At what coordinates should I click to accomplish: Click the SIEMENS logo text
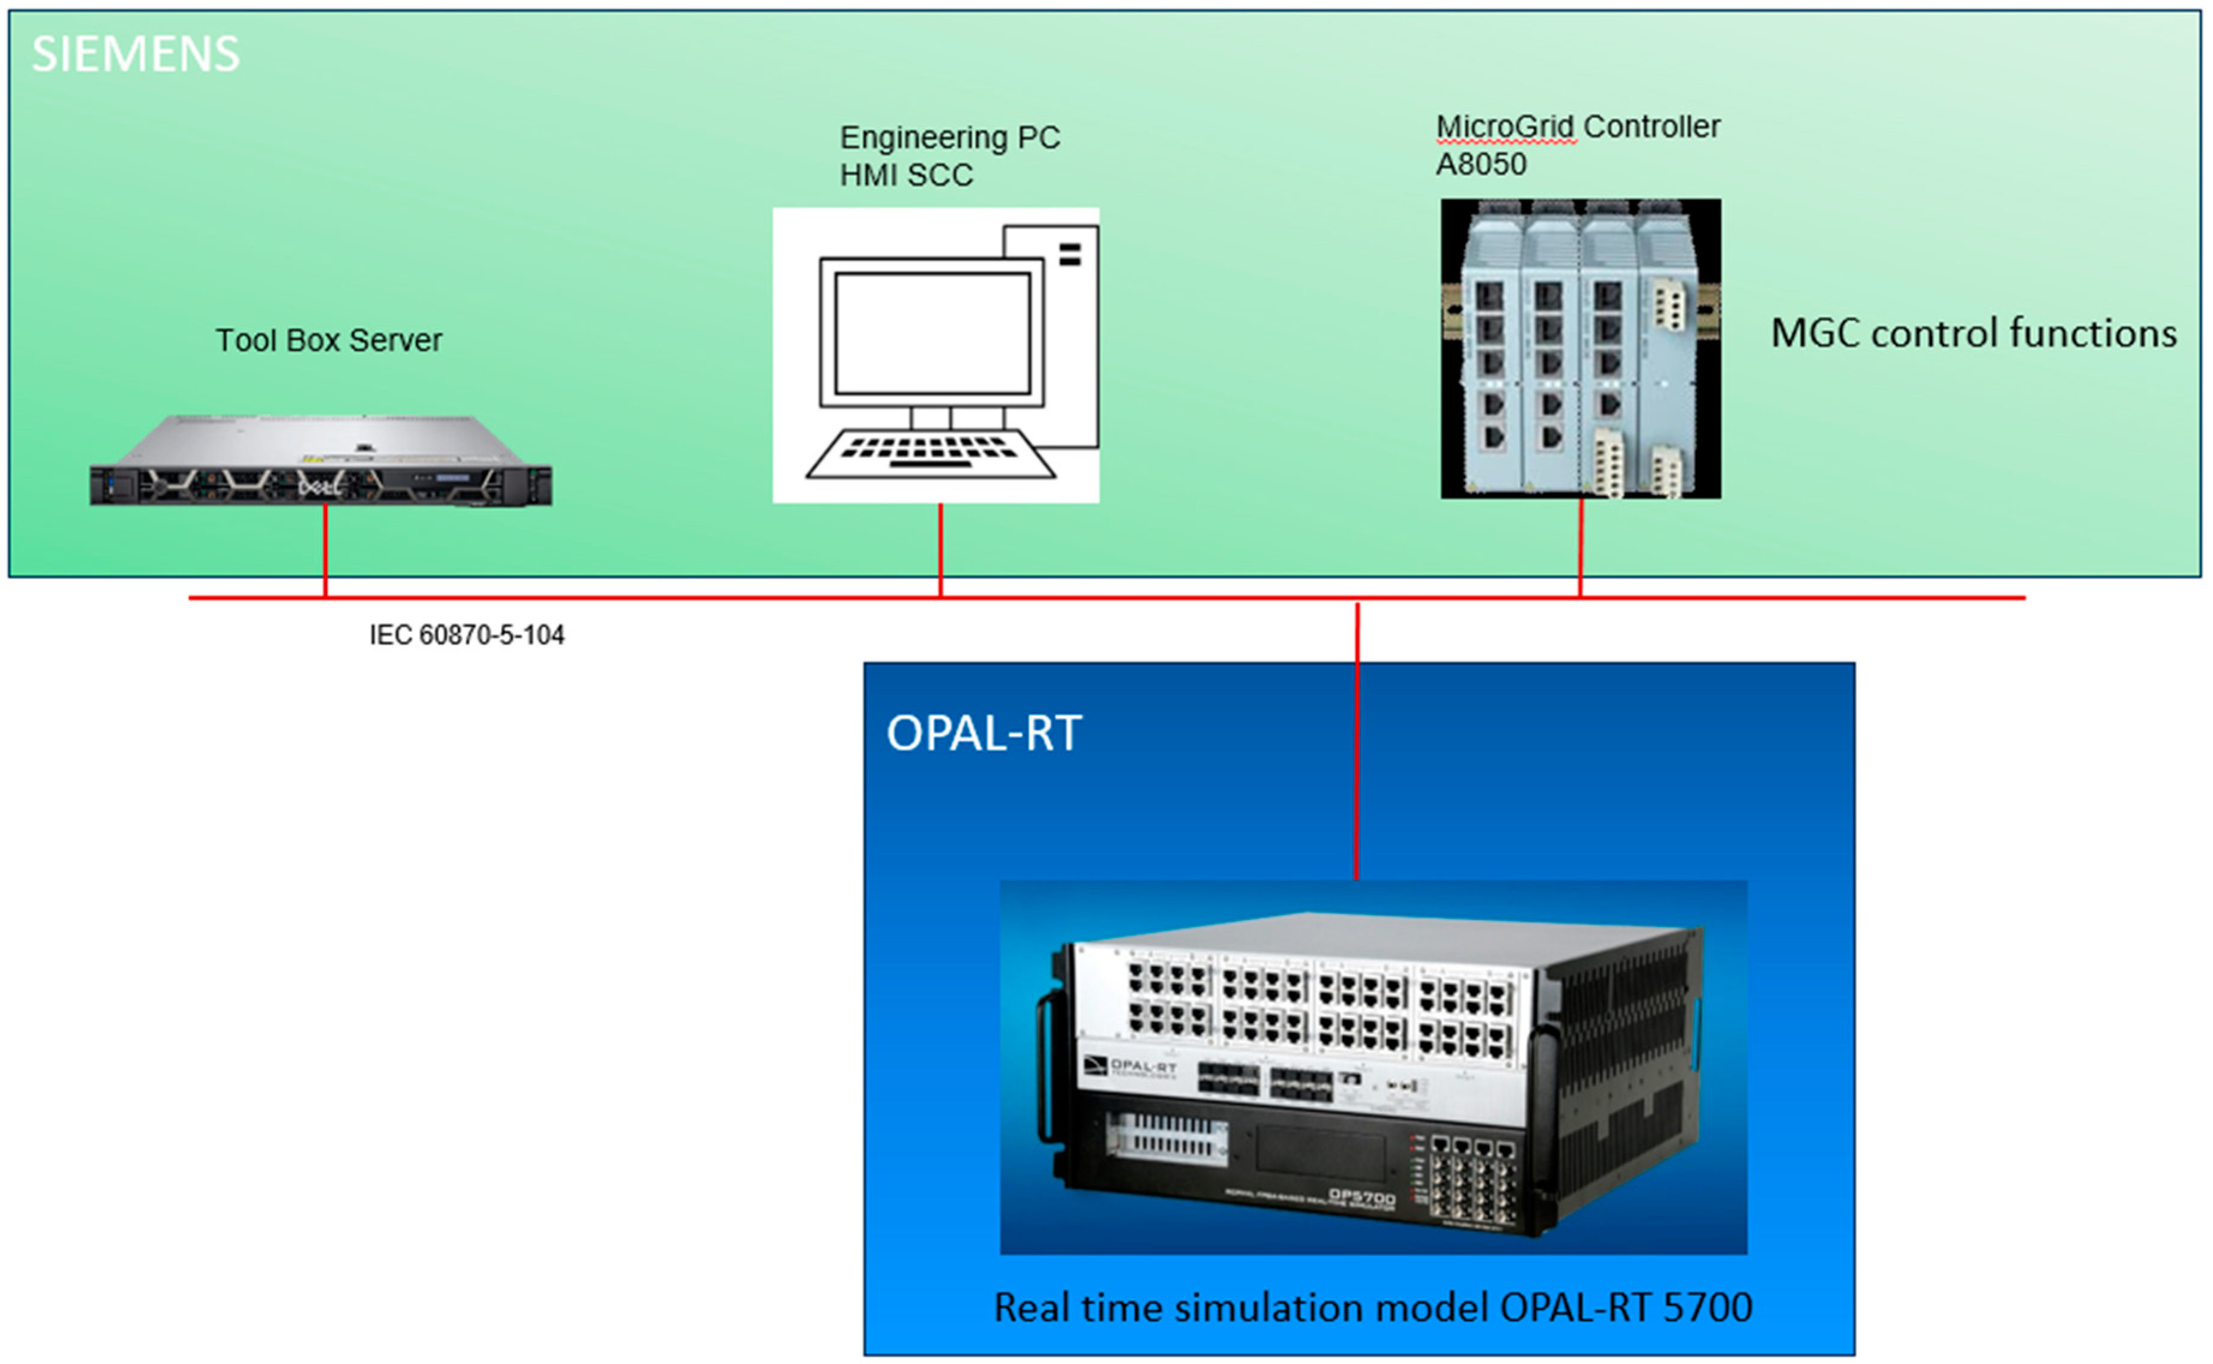click(135, 54)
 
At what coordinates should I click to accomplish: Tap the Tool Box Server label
click(328, 340)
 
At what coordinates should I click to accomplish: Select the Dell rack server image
click(320, 462)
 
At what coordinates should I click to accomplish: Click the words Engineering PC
click(950, 137)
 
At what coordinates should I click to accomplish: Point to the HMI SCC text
click(906, 175)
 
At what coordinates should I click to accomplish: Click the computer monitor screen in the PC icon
click(931, 333)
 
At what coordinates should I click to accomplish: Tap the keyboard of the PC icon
click(931, 451)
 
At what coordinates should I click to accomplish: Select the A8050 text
click(1481, 164)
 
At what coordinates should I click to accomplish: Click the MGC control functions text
click(1973, 333)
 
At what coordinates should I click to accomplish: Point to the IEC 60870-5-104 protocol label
click(466, 635)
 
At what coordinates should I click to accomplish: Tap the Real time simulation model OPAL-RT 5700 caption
click(1372, 1307)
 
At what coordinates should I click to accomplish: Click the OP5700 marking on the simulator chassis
click(1361, 1197)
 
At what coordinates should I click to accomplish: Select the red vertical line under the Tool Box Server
click(326, 550)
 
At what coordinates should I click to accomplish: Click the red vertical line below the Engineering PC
click(940, 550)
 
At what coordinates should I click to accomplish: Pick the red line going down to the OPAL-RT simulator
click(1357, 740)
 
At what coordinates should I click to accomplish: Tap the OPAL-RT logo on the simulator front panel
click(1132, 1068)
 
